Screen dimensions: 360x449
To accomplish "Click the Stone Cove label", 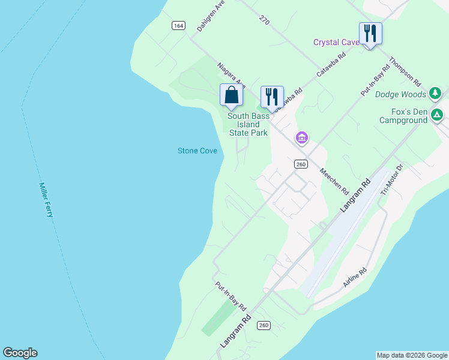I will tap(197, 151).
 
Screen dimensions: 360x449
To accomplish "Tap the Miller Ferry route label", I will tap(46, 200).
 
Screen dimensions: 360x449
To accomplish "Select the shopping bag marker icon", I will tap(232, 95).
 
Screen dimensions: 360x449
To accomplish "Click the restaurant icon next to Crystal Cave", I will tap(370, 33).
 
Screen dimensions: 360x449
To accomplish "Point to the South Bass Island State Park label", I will tap(247, 124).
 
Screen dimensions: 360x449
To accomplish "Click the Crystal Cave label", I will tap(336, 42).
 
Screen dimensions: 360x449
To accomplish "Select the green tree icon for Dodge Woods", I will tap(435, 94).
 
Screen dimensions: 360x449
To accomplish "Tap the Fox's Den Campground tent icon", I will tap(438, 115).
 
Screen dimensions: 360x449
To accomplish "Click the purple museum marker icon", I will tap(302, 139).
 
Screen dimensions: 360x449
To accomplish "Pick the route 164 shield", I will tap(178, 25).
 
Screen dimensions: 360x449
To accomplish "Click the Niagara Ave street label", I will tap(232, 74).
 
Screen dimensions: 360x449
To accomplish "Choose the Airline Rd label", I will tap(355, 277).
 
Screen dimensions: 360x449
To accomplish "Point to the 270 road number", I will tap(265, 20).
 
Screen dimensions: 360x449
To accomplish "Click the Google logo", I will tap(20, 353).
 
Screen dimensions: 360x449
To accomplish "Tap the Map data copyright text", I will tap(412, 355).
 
